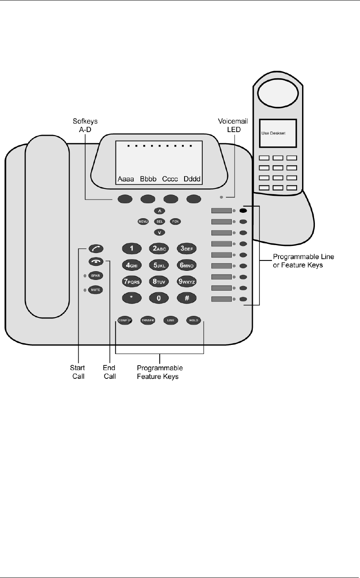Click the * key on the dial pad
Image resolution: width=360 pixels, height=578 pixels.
[x=132, y=298]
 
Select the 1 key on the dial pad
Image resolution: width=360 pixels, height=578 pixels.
[x=132, y=249]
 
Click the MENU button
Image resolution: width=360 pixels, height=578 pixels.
[x=143, y=222]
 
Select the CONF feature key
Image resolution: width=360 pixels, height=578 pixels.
[x=123, y=320]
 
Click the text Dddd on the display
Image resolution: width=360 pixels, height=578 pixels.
[x=192, y=179]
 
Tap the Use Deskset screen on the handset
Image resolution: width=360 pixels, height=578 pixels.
[x=278, y=134]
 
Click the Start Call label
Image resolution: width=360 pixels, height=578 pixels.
[x=77, y=372]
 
